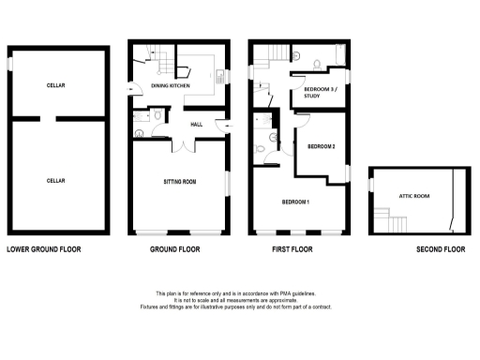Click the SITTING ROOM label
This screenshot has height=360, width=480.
[x=179, y=183]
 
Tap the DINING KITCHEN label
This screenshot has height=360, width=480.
[x=171, y=86]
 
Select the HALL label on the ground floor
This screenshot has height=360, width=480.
[x=197, y=124]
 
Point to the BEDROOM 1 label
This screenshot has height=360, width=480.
[x=296, y=202]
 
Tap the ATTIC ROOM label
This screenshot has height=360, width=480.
[x=413, y=196]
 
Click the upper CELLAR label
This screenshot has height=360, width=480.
[x=55, y=85]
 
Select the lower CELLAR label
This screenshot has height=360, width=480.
[x=55, y=180]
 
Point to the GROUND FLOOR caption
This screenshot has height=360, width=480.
[x=176, y=250]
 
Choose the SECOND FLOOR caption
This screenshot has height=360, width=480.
[x=441, y=250]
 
